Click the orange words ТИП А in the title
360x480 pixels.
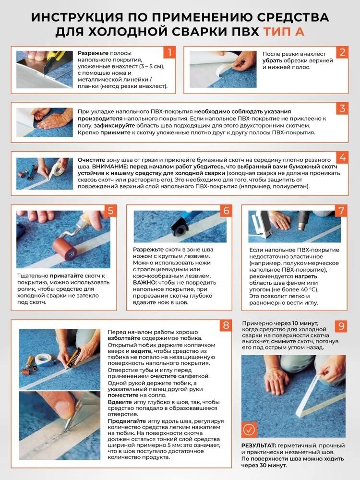click(284, 32)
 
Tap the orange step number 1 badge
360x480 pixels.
click(169, 52)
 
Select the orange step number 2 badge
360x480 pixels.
click(342, 52)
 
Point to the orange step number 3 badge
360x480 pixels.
click(342, 108)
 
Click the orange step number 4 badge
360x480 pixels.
click(342, 157)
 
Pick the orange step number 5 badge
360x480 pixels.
click(110, 211)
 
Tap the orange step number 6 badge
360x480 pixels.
click(226, 211)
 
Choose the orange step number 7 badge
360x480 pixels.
click(341, 211)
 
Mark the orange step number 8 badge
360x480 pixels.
click(226, 325)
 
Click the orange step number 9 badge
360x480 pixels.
click(341, 326)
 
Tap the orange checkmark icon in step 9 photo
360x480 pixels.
click(249, 430)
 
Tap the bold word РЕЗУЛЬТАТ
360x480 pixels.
click(259, 445)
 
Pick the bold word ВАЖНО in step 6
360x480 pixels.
click(145, 282)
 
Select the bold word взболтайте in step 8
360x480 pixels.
click(124, 338)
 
